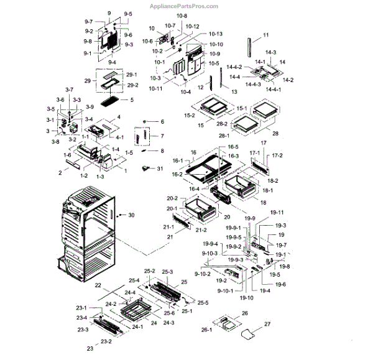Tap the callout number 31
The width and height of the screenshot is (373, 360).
(x=160, y=168)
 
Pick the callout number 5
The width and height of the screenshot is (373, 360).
(x=131, y=99)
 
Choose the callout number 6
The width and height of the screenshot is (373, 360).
(x=162, y=121)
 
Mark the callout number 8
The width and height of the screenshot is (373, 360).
(x=162, y=150)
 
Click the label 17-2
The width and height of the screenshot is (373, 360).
(x=277, y=155)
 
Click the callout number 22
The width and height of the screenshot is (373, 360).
(x=98, y=285)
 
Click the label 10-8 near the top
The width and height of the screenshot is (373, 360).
(x=182, y=15)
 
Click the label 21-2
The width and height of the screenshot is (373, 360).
(x=201, y=230)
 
